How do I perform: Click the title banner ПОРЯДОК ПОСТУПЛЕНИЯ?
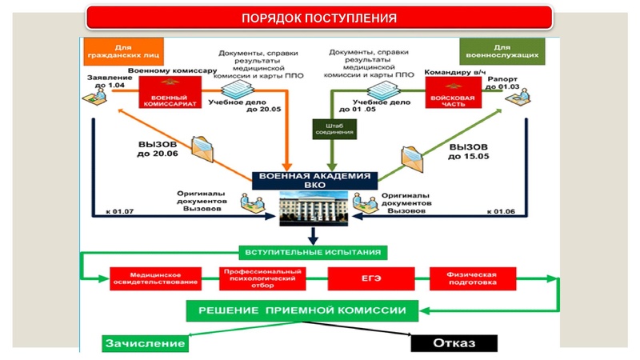pos(319,18)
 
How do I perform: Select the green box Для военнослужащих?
pos(502,50)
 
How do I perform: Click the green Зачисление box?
pos(144,343)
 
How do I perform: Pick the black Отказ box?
pos(454,343)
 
